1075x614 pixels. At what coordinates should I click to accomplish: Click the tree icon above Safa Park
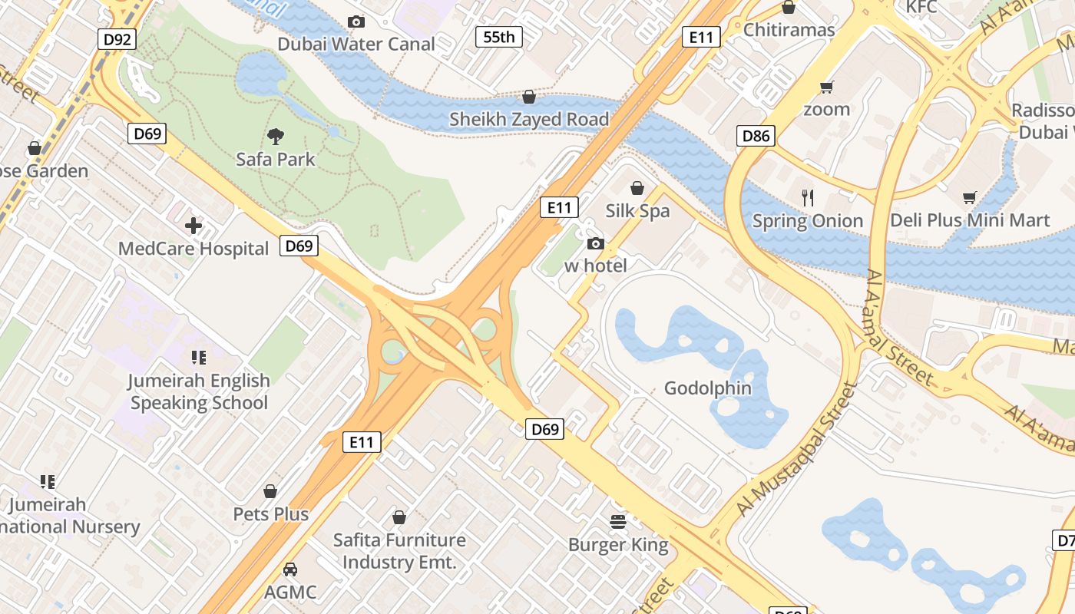point(276,137)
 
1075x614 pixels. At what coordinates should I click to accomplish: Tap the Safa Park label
point(276,160)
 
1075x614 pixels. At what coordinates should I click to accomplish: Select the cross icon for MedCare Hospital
point(193,226)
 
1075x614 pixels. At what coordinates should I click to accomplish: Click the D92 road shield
point(117,39)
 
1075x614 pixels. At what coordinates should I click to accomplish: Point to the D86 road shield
point(756,137)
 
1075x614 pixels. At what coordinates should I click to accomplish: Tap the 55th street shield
point(499,36)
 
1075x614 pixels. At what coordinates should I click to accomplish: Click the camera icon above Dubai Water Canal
point(356,21)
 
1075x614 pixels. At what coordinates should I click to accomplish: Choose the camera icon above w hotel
point(595,243)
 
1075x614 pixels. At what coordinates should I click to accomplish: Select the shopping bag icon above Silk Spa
point(637,188)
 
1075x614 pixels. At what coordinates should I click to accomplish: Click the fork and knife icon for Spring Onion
point(807,198)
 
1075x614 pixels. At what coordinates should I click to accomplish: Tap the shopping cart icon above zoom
point(826,87)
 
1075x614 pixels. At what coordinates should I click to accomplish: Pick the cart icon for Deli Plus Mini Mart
point(970,197)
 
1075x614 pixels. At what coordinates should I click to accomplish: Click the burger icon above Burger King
point(618,522)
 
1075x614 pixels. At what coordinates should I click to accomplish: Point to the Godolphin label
point(707,388)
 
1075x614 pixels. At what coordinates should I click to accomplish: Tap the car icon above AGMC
point(290,569)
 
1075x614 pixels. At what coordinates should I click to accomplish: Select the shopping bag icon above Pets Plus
point(270,491)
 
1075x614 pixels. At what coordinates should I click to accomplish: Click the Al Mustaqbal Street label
point(795,449)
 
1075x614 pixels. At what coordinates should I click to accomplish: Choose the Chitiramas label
point(789,30)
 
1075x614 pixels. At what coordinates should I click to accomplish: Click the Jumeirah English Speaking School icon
point(199,358)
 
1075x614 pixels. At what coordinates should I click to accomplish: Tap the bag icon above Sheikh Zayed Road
point(528,97)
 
